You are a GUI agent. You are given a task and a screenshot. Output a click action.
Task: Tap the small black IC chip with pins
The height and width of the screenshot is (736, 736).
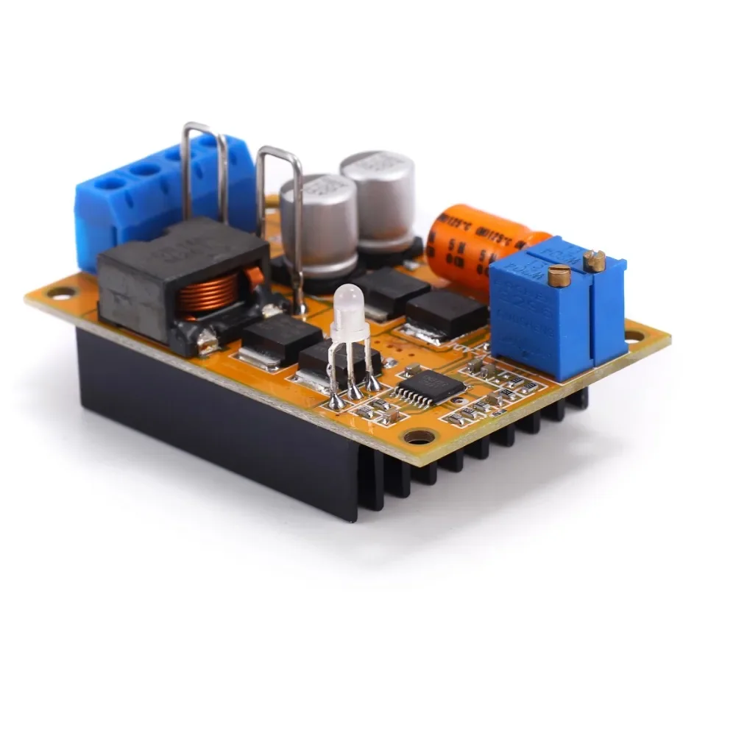tap(431, 386)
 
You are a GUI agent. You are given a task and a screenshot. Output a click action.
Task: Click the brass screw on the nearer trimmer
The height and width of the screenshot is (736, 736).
tap(559, 277)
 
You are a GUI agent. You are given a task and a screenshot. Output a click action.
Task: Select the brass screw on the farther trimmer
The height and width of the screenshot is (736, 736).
tap(595, 260)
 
